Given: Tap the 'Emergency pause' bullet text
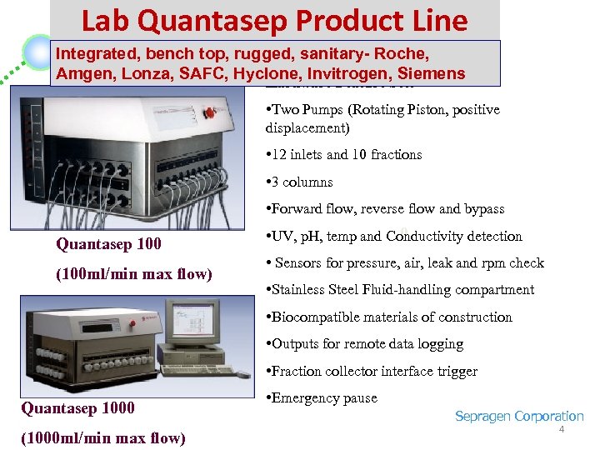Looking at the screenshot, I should [x=325, y=398].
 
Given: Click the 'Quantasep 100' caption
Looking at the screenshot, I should [x=108, y=244].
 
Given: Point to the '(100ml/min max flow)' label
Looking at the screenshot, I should [x=133, y=274].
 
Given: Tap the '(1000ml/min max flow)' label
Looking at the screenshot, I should [x=103, y=438].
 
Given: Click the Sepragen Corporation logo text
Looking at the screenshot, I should [x=518, y=416].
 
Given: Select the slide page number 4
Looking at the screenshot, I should [x=561, y=430].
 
